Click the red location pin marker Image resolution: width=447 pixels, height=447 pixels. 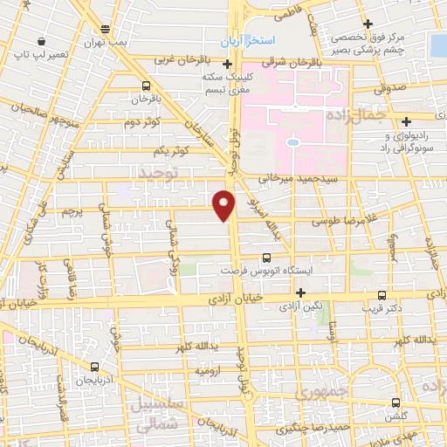click(224, 203)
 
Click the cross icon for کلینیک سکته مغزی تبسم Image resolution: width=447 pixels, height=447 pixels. click(228, 64)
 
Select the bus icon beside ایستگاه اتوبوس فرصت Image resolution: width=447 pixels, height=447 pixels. click(266, 258)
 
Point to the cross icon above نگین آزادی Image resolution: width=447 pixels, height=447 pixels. click(301, 292)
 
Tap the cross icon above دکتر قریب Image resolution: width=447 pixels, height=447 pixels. click(382, 295)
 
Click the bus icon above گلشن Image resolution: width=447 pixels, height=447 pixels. click(397, 403)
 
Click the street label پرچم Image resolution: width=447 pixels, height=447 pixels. click(76, 211)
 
